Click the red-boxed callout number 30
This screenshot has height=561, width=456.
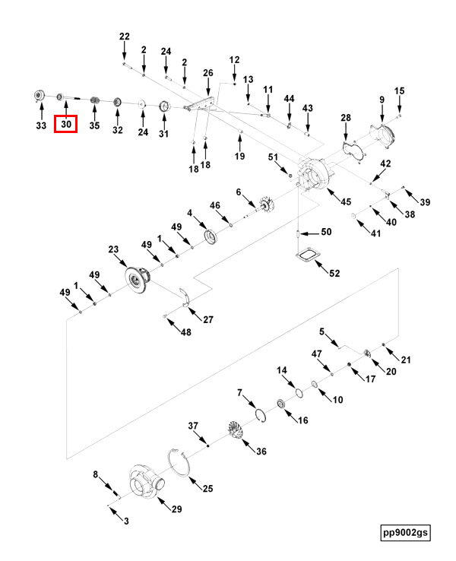coord(66,124)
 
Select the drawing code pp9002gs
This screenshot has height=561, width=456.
coord(405,532)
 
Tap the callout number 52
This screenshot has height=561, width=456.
coord(334,274)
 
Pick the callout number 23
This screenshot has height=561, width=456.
coord(113,249)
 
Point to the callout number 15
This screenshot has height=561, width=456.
coord(400,91)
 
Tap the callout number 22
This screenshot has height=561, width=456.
coord(125,36)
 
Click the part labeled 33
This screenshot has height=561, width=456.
coord(39,96)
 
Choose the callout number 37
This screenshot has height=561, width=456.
coord(193,426)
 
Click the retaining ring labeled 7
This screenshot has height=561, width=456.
coord(261,415)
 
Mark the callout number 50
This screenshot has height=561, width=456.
coord(326,232)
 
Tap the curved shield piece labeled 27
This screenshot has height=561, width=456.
coord(186,298)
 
